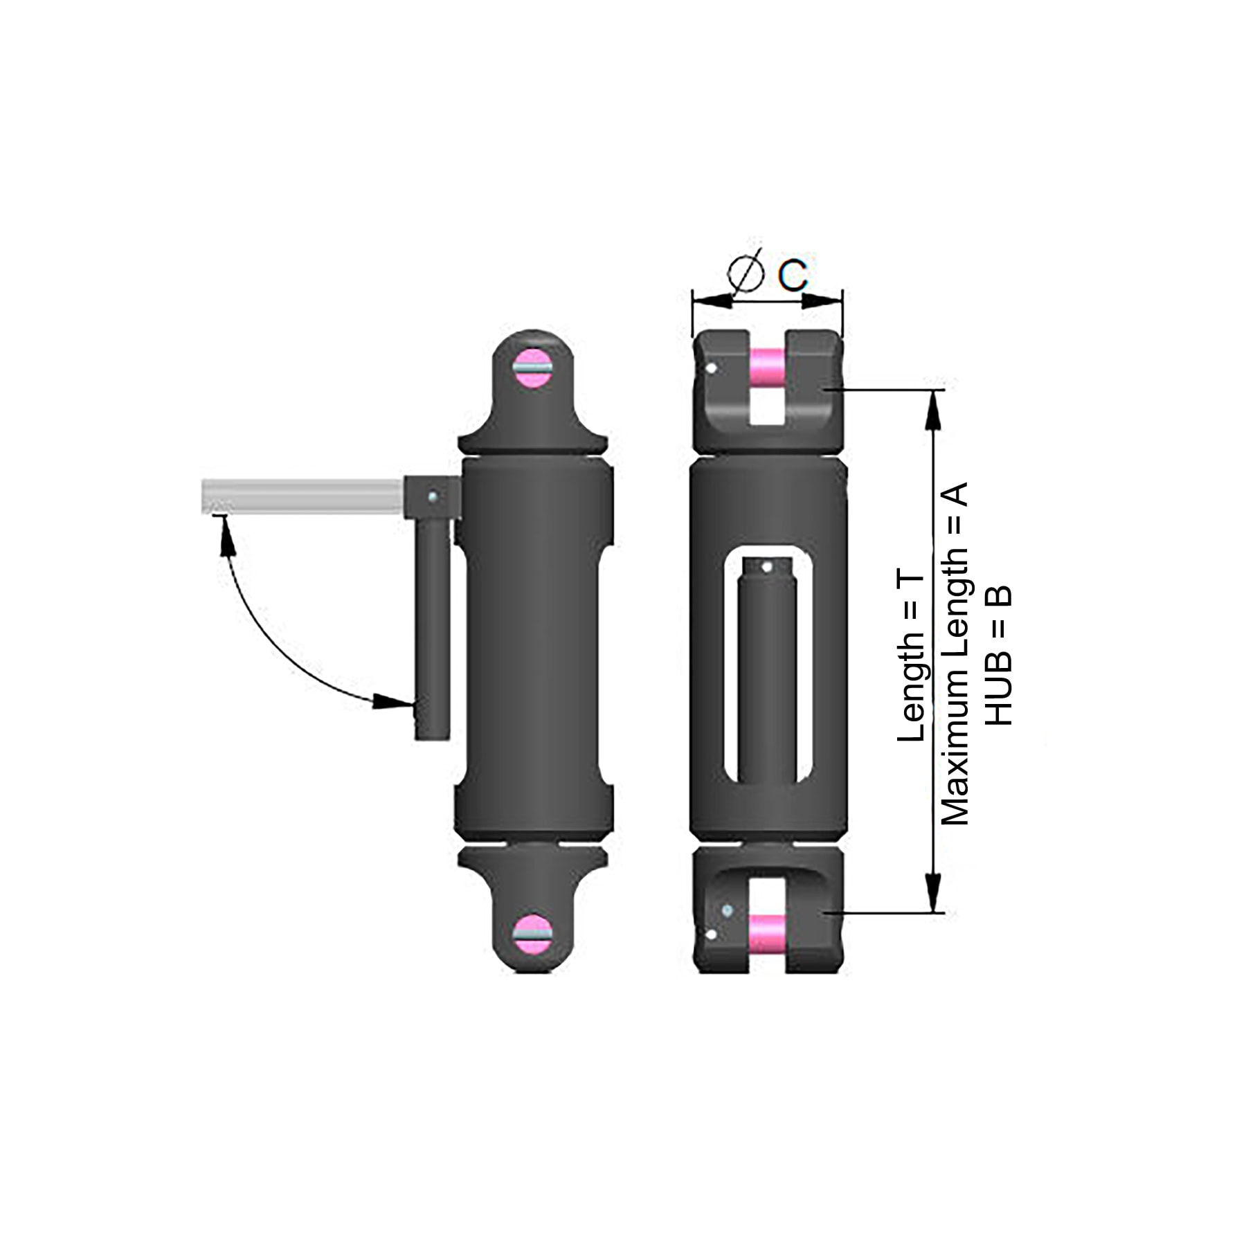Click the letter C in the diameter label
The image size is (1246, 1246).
(793, 276)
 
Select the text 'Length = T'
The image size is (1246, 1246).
(911, 657)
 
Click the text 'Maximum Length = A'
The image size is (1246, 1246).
(955, 653)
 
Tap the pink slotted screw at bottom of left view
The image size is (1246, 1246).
(532, 932)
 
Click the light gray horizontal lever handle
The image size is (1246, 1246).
(303, 496)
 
